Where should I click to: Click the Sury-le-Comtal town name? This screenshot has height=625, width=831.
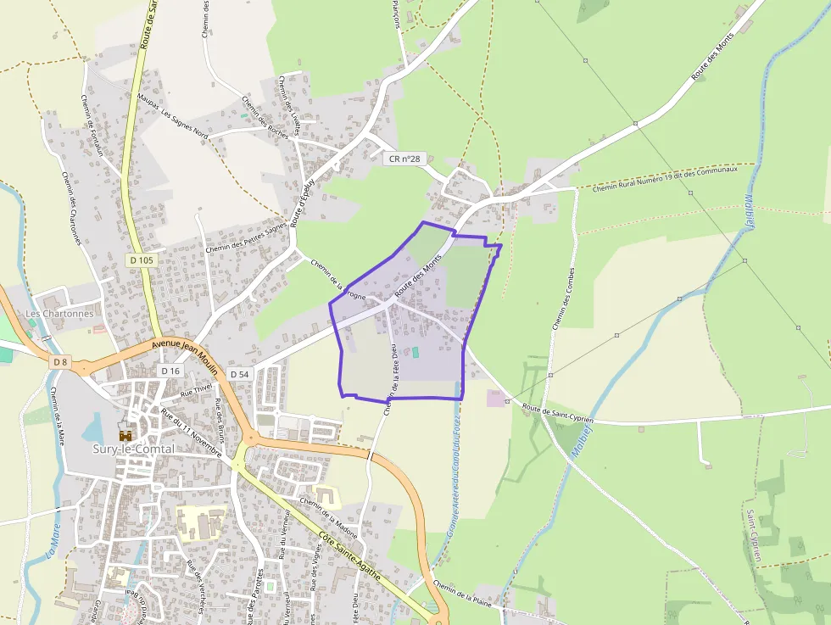[133, 449]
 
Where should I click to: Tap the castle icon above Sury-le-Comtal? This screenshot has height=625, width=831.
[125, 435]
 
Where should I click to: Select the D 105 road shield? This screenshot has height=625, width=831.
[142, 260]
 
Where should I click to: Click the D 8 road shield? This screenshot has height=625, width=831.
[59, 362]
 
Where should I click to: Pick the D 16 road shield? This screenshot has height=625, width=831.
[170, 371]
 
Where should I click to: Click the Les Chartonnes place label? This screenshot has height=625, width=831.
[59, 313]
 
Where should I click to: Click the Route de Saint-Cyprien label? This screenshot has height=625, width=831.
[557, 413]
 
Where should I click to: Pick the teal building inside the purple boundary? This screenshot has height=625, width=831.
[415, 351]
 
